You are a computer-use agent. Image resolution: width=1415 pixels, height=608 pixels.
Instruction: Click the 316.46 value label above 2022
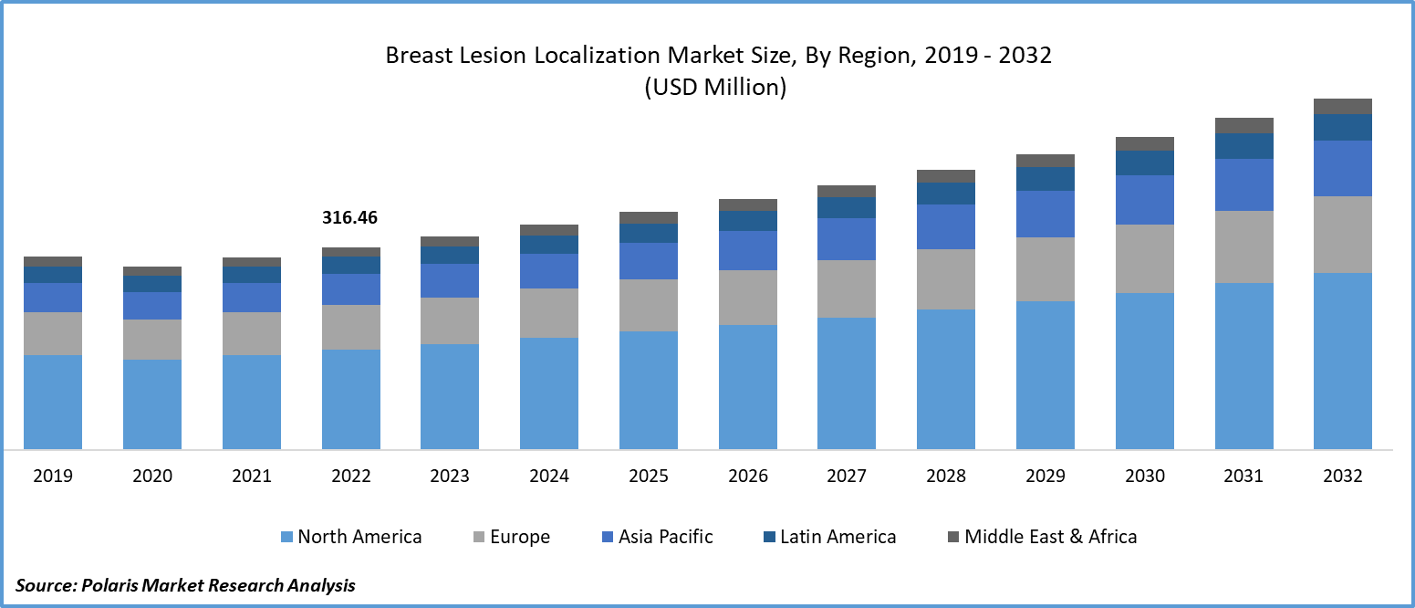coord(349,218)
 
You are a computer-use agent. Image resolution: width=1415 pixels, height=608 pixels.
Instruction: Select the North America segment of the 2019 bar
coord(53,402)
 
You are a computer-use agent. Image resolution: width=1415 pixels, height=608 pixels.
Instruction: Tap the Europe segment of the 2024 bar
coord(549,313)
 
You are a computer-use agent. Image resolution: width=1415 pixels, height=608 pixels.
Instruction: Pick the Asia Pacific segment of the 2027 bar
coord(847,239)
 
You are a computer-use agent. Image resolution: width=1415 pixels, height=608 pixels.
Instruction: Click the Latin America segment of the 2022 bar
coord(351,266)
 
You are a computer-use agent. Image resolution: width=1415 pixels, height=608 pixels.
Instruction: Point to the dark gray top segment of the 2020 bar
coord(152,271)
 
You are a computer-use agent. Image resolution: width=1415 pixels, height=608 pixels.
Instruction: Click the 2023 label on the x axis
coord(450,477)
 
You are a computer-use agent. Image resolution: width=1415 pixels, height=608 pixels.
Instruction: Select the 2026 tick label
coord(748,477)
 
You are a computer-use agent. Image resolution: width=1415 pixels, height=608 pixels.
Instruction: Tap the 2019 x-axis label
coord(52,477)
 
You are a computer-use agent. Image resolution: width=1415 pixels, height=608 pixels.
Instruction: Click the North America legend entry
coord(359,537)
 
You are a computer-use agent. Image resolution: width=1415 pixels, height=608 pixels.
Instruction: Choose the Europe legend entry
coord(519,537)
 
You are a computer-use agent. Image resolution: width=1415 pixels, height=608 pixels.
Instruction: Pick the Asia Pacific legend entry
coord(665,537)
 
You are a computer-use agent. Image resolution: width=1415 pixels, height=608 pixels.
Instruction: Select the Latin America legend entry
coord(838,537)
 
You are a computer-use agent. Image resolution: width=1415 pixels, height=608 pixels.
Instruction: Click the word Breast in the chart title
coord(415,56)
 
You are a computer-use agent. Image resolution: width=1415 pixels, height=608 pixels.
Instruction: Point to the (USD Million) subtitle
coord(715,88)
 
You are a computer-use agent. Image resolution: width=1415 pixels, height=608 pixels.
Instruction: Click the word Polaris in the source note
coord(113,585)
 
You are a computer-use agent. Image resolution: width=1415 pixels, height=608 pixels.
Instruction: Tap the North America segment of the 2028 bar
coord(946,379)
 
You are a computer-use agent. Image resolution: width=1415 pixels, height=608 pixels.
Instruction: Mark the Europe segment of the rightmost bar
coord(1343,235)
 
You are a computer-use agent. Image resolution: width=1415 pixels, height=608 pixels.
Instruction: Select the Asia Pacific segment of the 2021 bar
coord(252,298)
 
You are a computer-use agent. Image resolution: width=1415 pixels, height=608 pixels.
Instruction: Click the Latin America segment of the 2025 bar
coord(649,234)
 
